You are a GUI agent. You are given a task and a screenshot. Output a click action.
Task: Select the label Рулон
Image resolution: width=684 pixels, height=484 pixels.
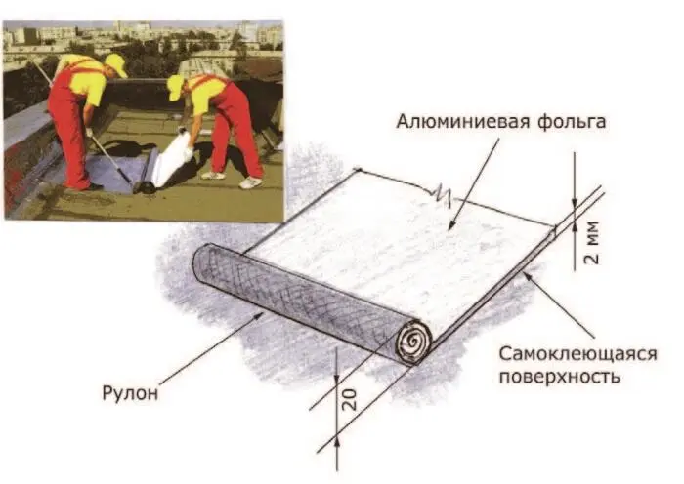tap(130, 393)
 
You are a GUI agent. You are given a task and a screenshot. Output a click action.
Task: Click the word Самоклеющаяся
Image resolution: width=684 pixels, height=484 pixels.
tap(577, 354)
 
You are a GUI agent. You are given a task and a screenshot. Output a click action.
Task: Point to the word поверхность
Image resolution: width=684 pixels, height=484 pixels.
tap(559, 377)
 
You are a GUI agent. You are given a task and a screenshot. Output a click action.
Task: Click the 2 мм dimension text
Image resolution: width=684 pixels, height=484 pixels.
tap(592, 243)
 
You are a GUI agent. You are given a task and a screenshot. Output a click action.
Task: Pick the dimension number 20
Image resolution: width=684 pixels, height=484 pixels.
tap(350, 400)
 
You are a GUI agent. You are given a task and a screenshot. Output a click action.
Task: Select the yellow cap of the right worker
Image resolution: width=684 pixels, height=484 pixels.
tap(176, 87)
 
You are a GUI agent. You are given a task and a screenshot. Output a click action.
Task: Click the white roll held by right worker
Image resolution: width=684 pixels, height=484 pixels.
tap(173, 157)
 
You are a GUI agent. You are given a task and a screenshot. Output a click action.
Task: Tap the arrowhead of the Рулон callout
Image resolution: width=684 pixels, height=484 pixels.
tap(260, 314)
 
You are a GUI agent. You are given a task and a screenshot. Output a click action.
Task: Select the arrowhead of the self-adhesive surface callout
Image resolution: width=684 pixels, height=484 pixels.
tap(527, 274)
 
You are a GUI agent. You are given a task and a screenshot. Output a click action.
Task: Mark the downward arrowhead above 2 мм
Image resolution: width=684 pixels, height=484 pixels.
tap(575, 206)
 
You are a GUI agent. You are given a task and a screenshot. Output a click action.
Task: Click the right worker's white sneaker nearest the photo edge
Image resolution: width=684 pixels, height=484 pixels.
tap(250, 183)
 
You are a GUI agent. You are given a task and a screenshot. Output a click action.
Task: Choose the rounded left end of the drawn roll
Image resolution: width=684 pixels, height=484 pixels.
tap(200, 264)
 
